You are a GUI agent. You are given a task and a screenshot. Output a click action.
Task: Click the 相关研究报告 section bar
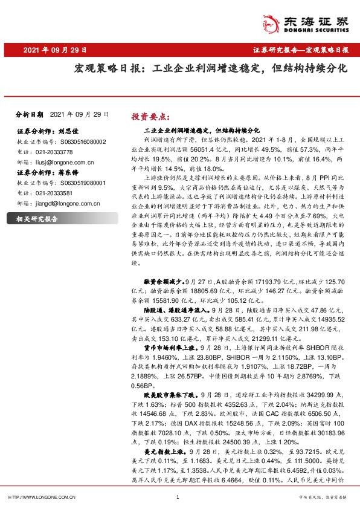(x=36, y=219)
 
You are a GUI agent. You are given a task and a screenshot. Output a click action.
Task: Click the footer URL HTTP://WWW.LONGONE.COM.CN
(x=40, y=497)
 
